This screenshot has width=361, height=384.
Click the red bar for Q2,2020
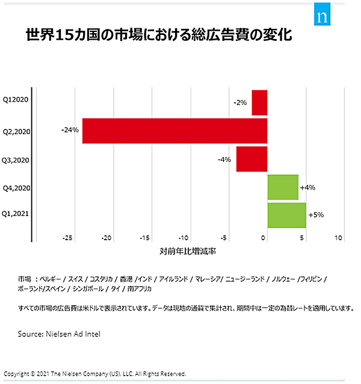(x=174, y=131)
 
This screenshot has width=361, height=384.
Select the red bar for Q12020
(x=259, y=102)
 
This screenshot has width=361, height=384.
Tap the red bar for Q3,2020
(x=251, y=159)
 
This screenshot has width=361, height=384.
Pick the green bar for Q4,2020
(x=283, y=187)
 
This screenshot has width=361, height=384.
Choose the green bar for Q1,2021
(x=286, y=215)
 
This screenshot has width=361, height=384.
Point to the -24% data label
(x=70, y=129)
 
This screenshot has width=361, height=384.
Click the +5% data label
(x=316, y=214)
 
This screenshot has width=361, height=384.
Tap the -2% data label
(x=240, y=103)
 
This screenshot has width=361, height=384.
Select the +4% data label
(x=307, y=187)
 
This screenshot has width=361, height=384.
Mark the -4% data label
(x=225, y=159)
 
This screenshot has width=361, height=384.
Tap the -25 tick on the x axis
(x=69, y=238)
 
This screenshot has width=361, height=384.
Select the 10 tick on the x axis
(x=339, y=238)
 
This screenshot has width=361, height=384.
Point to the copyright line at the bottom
(x=95, y=373)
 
